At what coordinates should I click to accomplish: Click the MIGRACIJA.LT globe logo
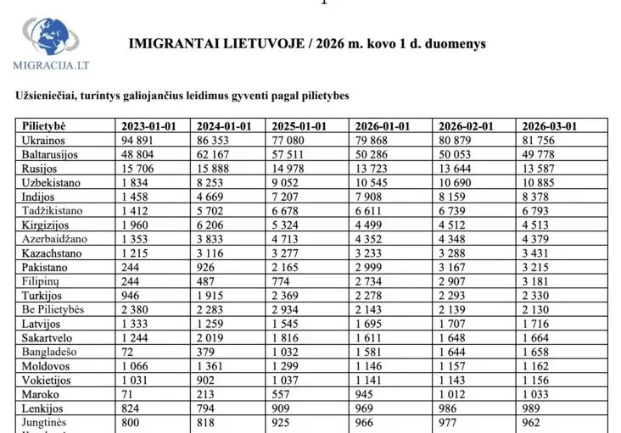[48, 37]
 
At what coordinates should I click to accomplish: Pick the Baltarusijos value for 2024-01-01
[213, 153]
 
